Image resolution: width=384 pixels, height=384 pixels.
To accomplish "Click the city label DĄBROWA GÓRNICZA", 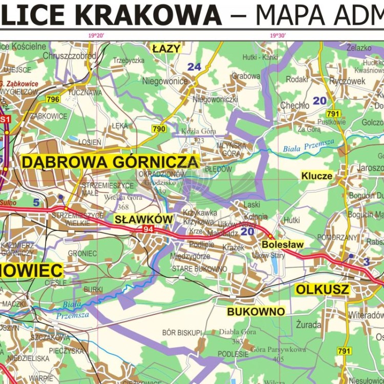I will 110,162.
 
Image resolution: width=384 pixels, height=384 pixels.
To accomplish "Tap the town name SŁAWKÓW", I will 137,219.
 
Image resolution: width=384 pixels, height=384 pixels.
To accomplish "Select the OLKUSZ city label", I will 323,290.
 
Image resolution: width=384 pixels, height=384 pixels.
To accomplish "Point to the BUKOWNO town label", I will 256,311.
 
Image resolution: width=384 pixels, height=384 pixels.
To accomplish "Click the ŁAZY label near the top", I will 167,49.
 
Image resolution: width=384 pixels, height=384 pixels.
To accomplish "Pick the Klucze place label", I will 317,176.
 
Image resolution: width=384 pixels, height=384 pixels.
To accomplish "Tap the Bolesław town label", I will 283,245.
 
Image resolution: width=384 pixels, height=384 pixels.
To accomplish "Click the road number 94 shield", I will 148,229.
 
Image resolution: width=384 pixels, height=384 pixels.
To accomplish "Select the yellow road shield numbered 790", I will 159,129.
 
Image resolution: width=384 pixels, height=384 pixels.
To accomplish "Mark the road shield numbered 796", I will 53,99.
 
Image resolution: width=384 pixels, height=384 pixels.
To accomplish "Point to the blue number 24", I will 194,67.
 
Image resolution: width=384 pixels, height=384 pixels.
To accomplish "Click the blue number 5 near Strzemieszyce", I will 36,202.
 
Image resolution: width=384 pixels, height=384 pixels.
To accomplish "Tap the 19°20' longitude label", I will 96,35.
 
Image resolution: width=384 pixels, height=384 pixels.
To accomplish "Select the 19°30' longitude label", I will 278,35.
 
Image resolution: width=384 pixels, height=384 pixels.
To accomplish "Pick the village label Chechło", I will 294,105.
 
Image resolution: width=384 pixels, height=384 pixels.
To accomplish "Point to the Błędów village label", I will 218,169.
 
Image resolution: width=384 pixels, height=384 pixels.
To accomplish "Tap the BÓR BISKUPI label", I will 182,333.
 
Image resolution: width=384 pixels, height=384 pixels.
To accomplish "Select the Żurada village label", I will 308,325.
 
